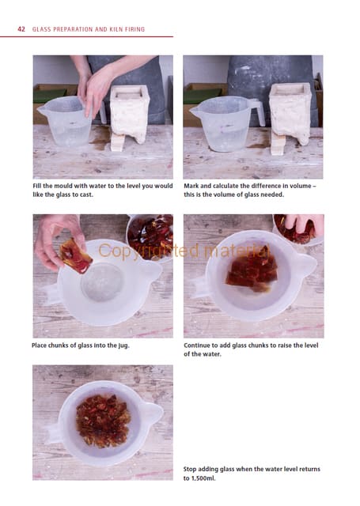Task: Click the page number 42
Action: (21, 29)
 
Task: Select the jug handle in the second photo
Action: (258, 111)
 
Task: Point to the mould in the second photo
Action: (290, 114)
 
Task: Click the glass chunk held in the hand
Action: (75, 256)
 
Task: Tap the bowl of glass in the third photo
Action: (150, 236)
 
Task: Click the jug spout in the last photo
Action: (153, 413)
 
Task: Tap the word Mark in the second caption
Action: (191, 186)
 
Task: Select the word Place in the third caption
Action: (40, 346)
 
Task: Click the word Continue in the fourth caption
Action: (197, 346)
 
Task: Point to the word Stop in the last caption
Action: (190, 469)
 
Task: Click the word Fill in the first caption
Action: (37, 186)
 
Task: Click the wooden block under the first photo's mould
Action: (117, 142)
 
